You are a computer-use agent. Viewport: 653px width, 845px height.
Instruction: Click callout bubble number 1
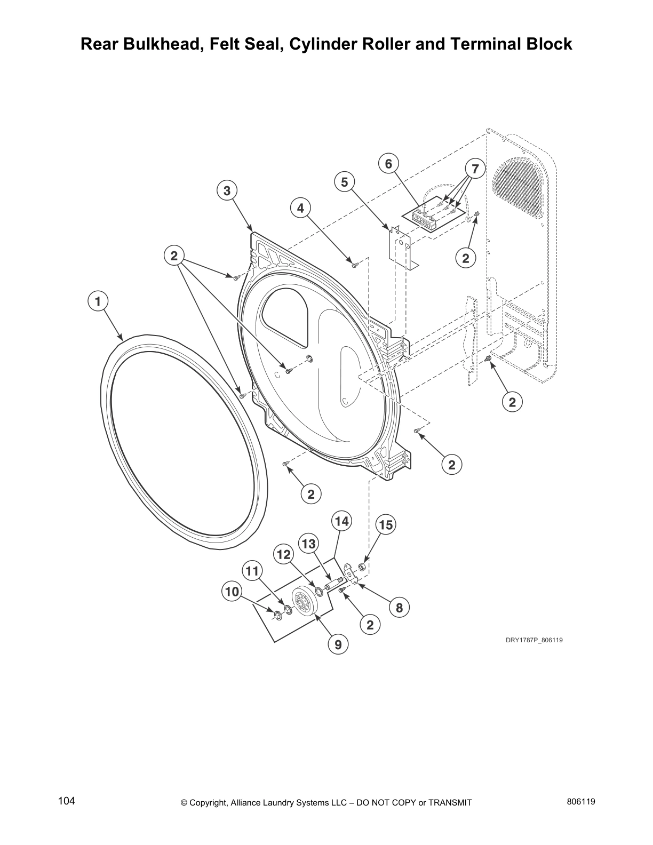click(x=97, y=301)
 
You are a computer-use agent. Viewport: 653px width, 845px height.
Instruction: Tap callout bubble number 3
click(x=227, y=190)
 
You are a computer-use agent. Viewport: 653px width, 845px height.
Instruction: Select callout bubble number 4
click(x=301, y=208)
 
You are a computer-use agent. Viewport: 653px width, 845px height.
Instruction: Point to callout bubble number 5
click(x=345, y=182)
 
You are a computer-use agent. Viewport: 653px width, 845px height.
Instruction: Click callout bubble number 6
click(x=388, y=164)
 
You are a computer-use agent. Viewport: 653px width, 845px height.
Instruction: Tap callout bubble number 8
click(x=399, y=607)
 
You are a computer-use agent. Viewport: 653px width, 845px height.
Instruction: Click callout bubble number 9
click(x=338, y=645)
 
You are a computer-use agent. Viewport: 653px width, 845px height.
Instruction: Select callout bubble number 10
click(x=232, y=591)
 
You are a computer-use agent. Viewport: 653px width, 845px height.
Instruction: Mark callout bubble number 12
click(x=283, y=555)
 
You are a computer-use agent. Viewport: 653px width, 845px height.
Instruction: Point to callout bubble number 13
click(x=309, y=544)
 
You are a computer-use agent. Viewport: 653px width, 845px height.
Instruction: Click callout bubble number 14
click(x=341, y=521)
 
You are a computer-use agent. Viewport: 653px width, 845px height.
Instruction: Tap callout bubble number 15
click(x=385, y=525)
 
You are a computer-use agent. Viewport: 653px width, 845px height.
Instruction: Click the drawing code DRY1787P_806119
click(x=534, y=640)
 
